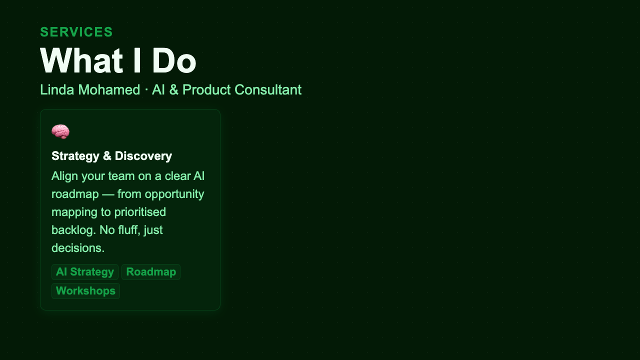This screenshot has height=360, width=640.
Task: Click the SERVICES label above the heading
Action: (76, 32)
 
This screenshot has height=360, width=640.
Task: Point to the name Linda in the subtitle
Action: (56, 90)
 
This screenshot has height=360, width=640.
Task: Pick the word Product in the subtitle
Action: (206, 90)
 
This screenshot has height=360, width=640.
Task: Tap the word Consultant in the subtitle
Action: (268, 90)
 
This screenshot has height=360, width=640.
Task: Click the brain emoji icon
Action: (60, 132)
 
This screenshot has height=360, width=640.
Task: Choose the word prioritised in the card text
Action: (140, 212)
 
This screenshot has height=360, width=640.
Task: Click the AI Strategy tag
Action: (85, 272)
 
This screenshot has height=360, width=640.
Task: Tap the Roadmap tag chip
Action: (151, 272)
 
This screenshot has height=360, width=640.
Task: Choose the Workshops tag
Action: (85, 290)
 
